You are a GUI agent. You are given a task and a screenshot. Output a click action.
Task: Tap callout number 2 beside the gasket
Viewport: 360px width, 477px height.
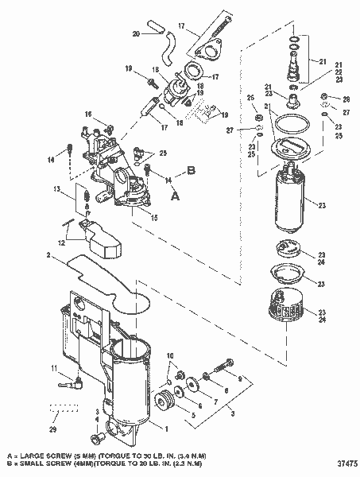(x=49, y=255)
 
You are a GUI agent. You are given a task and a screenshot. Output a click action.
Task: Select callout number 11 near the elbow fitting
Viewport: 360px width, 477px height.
(x=54, y=368)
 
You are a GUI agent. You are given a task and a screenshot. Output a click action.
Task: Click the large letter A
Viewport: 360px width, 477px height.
(x=176, y=192)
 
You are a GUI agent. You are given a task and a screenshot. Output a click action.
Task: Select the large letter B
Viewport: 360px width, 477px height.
(x=190, y=169)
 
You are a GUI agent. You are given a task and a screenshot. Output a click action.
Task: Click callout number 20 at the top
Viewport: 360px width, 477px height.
(x=136, y=34)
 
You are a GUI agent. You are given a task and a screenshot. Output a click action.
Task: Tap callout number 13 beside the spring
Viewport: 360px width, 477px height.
(x=58, y=188)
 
